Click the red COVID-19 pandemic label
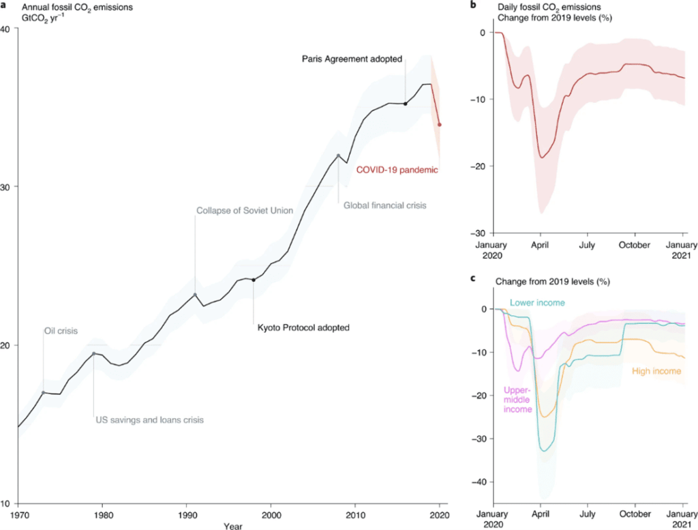pos(397,169)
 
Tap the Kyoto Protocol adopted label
pos(303,327)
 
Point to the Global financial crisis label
pos(384,205)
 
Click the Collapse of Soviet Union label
pos(245,211)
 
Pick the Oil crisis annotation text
pos(61,331)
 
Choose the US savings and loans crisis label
pos(149,419)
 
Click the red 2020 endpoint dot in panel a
pos(440,125)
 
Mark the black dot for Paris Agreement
pos(406,104)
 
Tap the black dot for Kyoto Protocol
pos(254,280)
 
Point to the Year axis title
pos(233,527)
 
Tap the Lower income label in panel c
pos(537,302)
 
